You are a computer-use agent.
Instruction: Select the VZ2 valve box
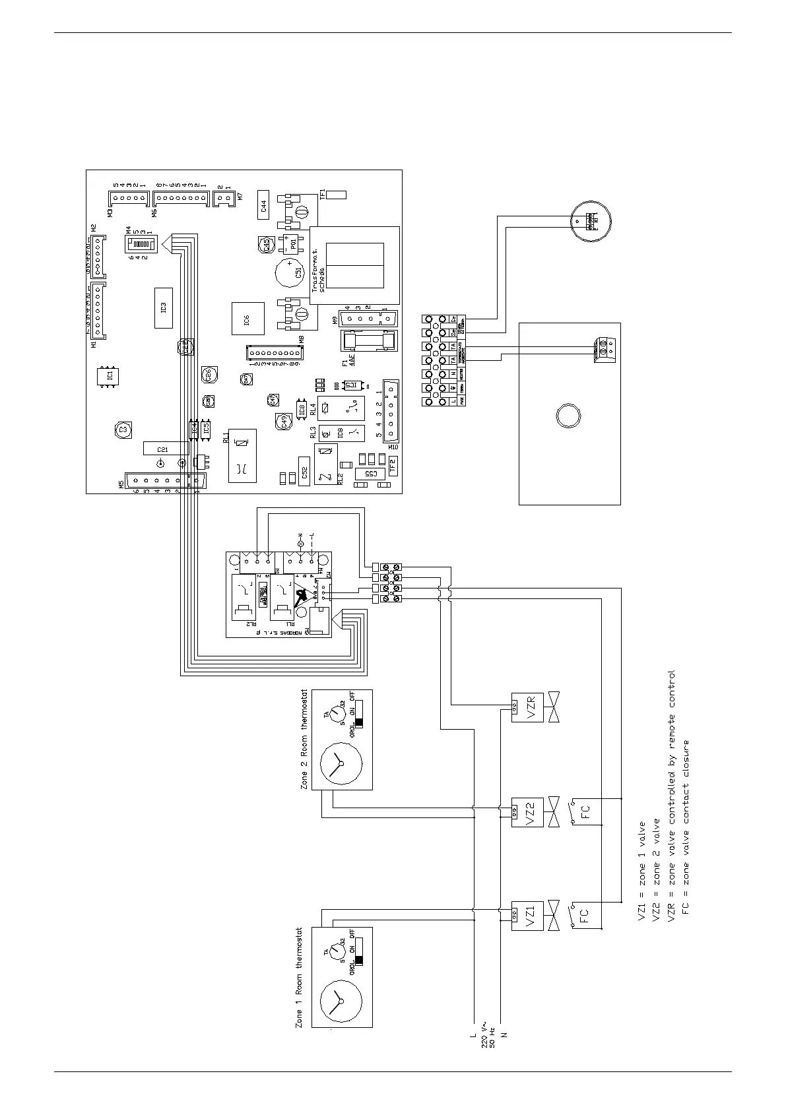(x=527, y=811)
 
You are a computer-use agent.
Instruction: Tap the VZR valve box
(x=527, y=707)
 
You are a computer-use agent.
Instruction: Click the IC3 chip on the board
(x=163, y=308)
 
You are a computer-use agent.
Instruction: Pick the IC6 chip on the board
(x=247, y=320)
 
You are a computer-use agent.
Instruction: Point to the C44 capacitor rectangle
(x=263, y=208)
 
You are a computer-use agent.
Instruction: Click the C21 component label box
(x=162, y=449)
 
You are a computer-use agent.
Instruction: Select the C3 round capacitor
(x=121, y=429)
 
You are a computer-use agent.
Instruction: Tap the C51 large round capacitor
(x=289, y=272)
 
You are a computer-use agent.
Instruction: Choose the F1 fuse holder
(x=368, y=343)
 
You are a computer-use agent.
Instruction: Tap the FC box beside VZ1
(x=584, y=915)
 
